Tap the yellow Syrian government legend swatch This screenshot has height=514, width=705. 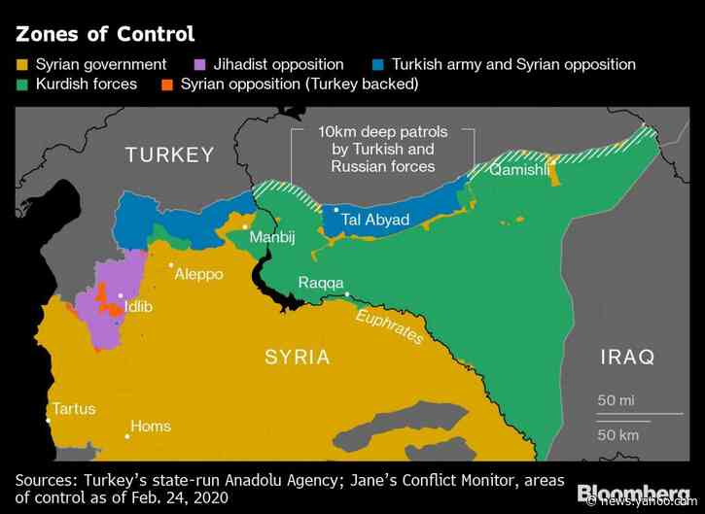(22, 65)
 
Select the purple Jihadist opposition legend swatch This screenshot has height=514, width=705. (199, 65)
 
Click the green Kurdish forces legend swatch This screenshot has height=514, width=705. (22, 85)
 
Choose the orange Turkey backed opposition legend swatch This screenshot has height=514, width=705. (166, 85)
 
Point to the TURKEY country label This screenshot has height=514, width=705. (168, 154)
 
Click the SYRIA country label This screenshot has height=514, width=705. (298, 357)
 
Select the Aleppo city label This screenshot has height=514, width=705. (198, 275)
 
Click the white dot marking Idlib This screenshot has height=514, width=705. (121, 295)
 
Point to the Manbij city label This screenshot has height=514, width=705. (271, 237)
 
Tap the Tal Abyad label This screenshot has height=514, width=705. (375, 219)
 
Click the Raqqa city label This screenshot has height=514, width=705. (320, 283)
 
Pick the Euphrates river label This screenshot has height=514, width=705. (390, 326)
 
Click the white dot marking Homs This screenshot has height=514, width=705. (127, 436)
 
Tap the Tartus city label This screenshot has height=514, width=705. (74, 408)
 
